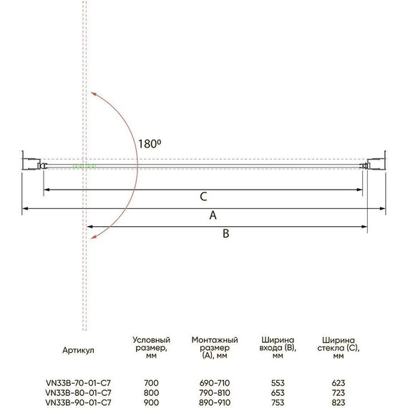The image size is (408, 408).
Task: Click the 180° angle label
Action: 150,144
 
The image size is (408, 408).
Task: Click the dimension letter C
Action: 203,197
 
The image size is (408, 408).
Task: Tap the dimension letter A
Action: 213,215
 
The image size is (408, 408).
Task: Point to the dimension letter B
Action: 226,233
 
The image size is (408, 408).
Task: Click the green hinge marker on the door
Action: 84,166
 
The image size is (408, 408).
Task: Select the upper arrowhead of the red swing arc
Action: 94,94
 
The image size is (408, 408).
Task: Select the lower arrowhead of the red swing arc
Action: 94,236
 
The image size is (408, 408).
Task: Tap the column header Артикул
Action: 78,350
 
